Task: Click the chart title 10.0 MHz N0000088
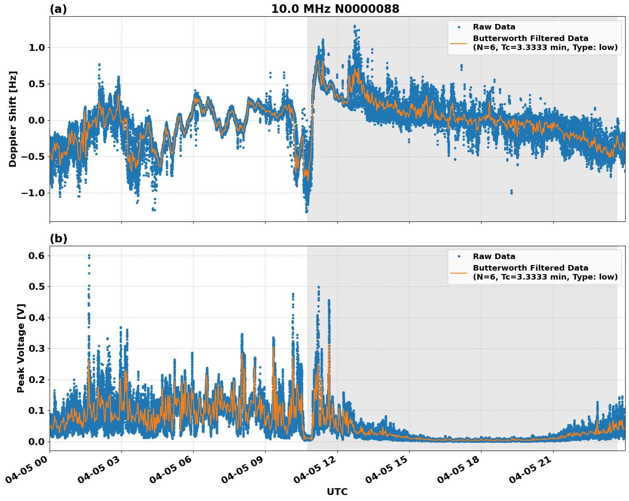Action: point(335,9)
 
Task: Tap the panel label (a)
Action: point(58,9)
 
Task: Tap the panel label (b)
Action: point(58,239)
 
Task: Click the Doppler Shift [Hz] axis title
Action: point(13,119)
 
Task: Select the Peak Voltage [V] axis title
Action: point(21,348)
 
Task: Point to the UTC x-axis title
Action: point(337,492)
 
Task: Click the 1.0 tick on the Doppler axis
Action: point(37,47)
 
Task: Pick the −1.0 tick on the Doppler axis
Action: point(34,193)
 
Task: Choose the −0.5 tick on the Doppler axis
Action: point(34,156)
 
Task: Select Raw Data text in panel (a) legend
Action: point(494,27)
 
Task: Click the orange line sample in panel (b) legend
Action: point(458,272)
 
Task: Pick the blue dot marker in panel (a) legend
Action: point(458,27)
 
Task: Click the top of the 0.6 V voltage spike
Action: point(89,256)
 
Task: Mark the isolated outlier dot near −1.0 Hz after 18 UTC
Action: point(511,192)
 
